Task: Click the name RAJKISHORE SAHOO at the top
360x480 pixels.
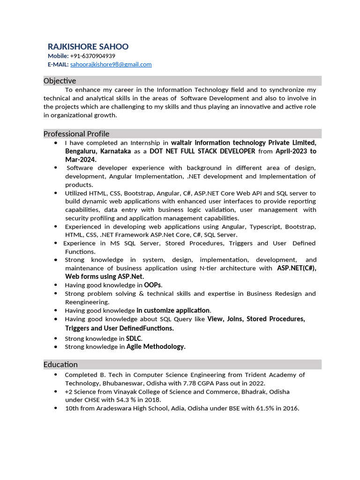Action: point(88,46)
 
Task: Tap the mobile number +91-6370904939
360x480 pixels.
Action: point(92,56)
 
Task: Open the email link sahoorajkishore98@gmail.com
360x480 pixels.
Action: point(111,64)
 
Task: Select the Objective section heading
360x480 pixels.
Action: point(60,81)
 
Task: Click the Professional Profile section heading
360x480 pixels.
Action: point(76,134)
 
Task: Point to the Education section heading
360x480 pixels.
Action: point(60,364)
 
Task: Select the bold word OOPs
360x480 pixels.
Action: point(152,285)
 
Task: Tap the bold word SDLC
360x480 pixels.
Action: point(134,338)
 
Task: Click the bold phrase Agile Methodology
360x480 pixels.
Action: point(156,347)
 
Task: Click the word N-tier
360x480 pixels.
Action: point(209,268)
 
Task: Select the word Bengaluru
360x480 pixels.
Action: point(80,151)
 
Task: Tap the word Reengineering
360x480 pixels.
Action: point(87,302)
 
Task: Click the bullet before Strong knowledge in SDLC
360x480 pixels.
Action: point(56,338)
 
